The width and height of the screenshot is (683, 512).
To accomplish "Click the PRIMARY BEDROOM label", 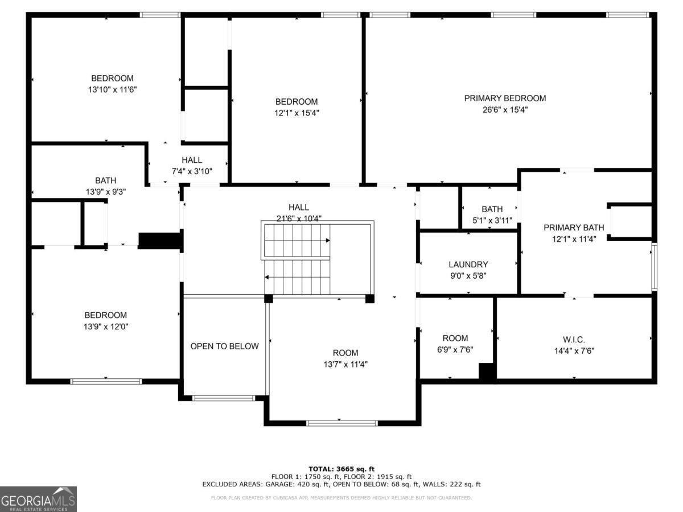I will pos(505,98).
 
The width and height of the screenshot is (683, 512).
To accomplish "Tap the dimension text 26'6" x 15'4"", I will pos(505,110).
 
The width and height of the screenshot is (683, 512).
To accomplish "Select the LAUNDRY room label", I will pos(468,265).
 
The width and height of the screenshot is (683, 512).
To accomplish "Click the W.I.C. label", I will pos(573,339).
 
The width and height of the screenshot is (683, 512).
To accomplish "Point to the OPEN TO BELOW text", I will pos(224,346).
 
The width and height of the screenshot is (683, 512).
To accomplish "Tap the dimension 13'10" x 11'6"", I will pos(112,90).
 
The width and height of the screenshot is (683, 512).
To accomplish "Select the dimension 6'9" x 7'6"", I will pos(455,350).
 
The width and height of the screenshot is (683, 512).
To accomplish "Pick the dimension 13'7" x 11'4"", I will pos(345,365).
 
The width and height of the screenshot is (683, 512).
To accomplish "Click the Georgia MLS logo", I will pos(38,499).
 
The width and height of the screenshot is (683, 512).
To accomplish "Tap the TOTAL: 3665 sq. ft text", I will pos(341,469).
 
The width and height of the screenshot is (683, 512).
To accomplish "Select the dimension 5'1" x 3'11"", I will pos(492,221).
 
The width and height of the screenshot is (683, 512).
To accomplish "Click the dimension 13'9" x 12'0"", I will pos(105,327).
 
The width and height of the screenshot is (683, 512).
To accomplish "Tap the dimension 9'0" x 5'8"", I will pos(468,276).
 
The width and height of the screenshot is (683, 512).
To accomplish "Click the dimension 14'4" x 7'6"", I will pos(573,351).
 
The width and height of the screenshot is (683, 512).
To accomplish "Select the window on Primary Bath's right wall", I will pos(654,267).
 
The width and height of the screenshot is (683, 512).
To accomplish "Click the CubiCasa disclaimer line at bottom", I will pos(341,498).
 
